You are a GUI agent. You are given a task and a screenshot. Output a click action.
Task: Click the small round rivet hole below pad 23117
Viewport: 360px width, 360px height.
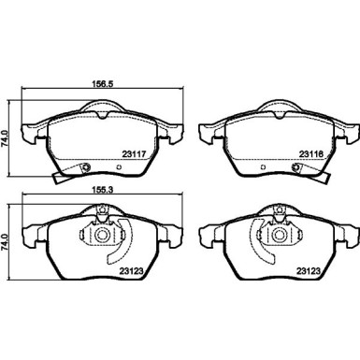(87, 168)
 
